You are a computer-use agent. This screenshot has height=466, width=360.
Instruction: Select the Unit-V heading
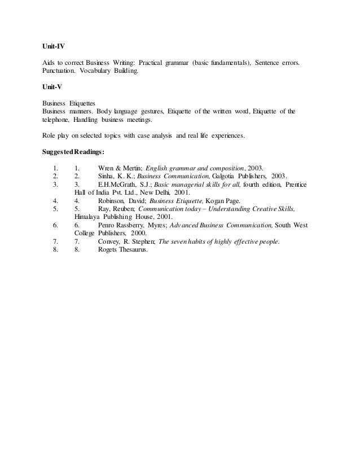coord(52,89)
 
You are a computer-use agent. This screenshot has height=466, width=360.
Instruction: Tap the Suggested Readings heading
coord(73,151)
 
